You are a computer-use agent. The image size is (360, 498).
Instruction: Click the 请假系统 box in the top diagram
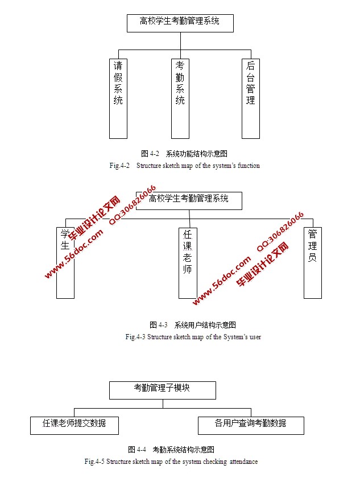(x=118, y=98)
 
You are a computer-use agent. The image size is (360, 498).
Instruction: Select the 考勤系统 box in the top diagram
(x=180, y=98)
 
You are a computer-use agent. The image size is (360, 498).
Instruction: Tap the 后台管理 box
(x=251, y=98)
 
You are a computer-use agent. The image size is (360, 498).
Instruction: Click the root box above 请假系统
(x=180, y=23)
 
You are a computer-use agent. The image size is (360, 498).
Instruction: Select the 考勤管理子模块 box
(x=163, y=390)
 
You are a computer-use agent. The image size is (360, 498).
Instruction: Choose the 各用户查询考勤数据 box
(x=251, y=425)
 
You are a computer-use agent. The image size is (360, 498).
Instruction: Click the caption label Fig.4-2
(x=119, y=166)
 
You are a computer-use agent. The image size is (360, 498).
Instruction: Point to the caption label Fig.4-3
(x=135, y=337)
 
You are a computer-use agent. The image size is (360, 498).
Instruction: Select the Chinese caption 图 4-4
(x=138, y=450)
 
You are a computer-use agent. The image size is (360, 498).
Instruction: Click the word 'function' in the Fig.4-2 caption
(x=248, y=166)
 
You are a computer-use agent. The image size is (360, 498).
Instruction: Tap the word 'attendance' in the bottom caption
(x=243, y=462)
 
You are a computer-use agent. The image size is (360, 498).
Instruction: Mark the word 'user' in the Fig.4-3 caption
(x=255, y=337)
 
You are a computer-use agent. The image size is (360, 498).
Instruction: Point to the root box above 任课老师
(x=189, y=200)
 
